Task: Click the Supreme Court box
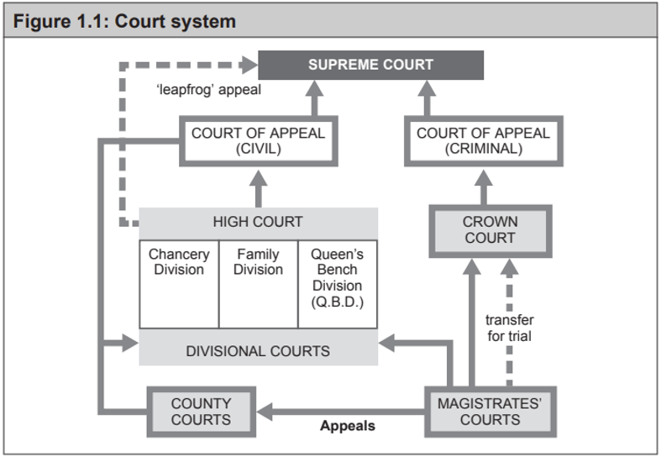tap(370, 65)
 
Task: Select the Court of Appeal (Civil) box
tap(258, 141)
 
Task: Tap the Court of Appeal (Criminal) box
tap(483, 141)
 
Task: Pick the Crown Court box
tap(490, 230)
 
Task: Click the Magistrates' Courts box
tap(490, 412)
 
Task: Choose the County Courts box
tap(201, 412)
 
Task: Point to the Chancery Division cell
tap(179, 284)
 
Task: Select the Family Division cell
tap(258, 284)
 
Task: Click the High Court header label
tap(258, 223)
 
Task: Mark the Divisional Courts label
tap(258, 350)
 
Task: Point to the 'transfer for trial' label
tap(509, 328)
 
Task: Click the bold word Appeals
tap(348, 427)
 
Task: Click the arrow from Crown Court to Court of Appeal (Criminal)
tap(483, 186)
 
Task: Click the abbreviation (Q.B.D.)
tap(337, 301)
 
